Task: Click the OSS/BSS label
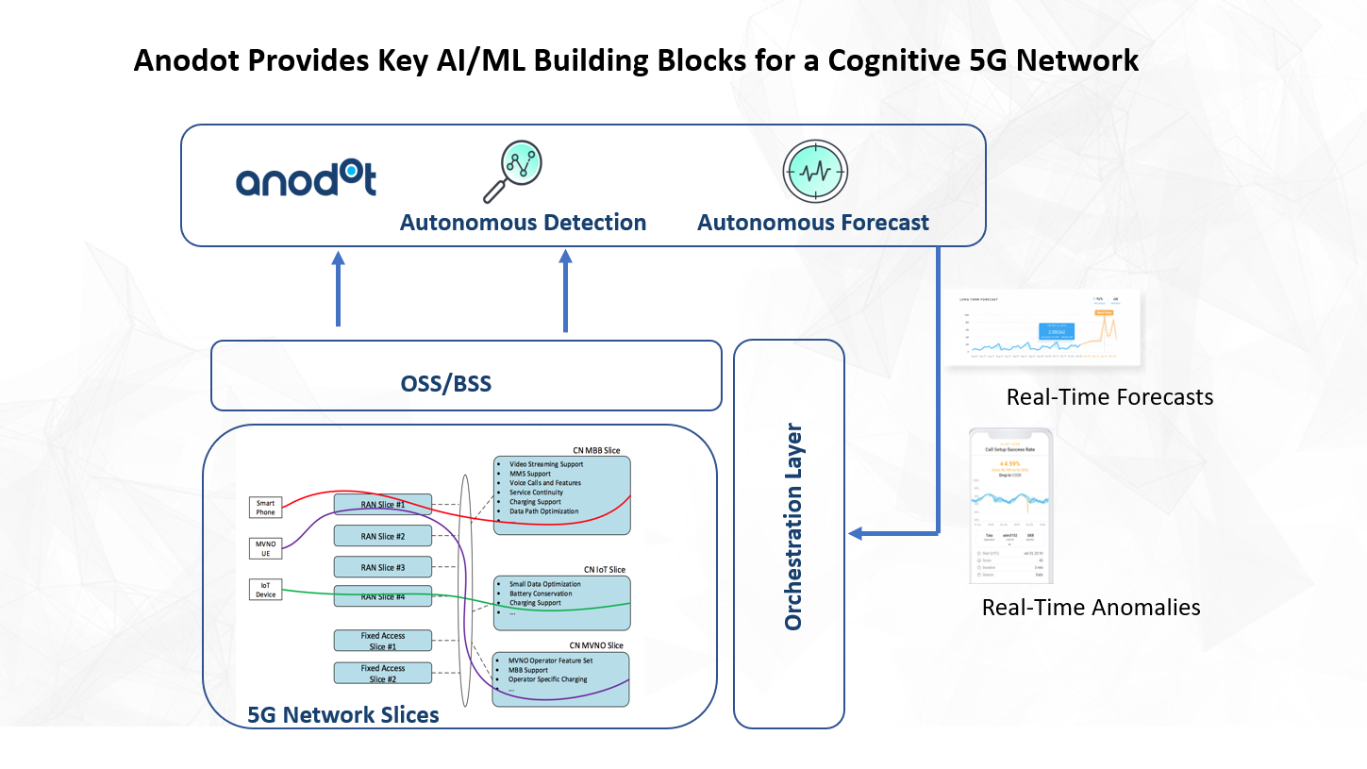(x=445, y=384)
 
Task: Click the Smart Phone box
(x=266, y=507)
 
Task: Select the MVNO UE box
(x=266, y=549)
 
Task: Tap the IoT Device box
(x=266, y=590)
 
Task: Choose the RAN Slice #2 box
(x=382, y=536)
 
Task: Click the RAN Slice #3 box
(x=382, y=567)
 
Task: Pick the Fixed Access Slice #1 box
(x=382, y=641)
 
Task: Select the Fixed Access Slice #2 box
(x=382, y=673)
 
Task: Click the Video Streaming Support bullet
(x=545, y=464)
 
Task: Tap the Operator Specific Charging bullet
(x=547, y=679)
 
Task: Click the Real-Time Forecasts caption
(x=1109, y=397)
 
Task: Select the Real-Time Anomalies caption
(x=1091, y=608)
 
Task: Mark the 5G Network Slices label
(x=342, y=715)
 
